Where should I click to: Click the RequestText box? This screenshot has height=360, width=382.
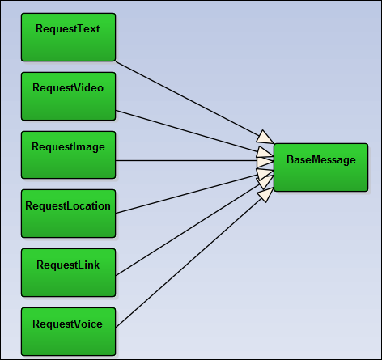[69, 37]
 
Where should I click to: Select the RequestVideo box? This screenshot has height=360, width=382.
[69, 96]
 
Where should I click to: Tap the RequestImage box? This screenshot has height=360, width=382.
[69, 155]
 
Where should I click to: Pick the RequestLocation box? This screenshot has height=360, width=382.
[69, 214]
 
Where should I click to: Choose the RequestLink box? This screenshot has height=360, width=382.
[69, 273]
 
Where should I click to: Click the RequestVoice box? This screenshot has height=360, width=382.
[69, 332]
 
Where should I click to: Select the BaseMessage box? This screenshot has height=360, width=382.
[321, 167]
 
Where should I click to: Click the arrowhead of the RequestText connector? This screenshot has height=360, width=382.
[265, 138]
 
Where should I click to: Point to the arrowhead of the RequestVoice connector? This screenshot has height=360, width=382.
[266, 195]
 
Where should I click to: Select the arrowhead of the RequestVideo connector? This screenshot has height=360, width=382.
[265, 152]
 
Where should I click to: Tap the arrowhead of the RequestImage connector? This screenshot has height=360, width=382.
[265, 161]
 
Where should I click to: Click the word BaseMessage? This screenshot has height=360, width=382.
[321, 160]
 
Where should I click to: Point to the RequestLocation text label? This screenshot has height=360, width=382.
[68, 206]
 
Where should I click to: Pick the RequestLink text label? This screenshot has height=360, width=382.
[68, 265]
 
